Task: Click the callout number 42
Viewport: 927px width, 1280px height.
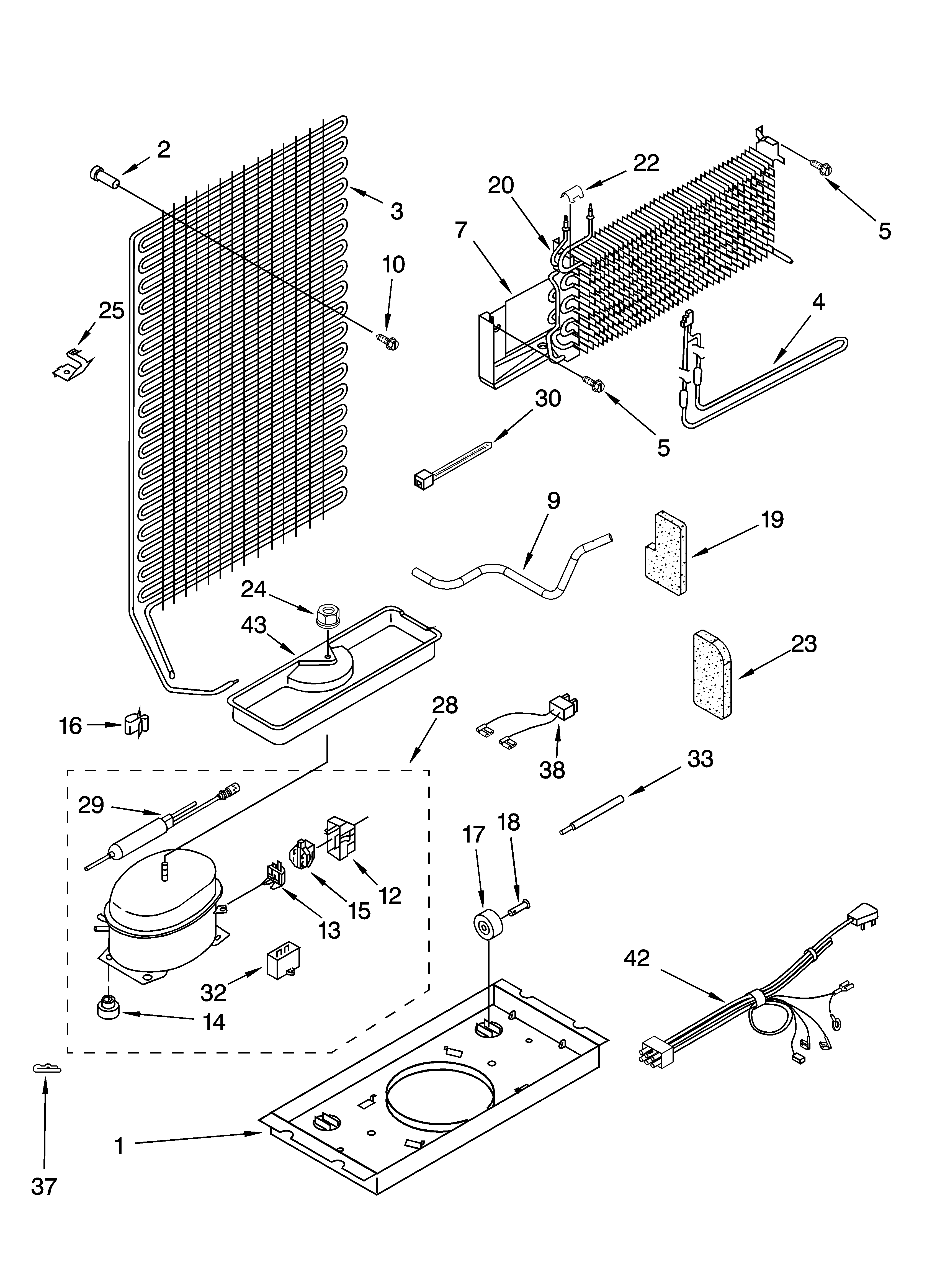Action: tap(637, 958)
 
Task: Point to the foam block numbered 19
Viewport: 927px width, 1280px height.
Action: tap(666, 553)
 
